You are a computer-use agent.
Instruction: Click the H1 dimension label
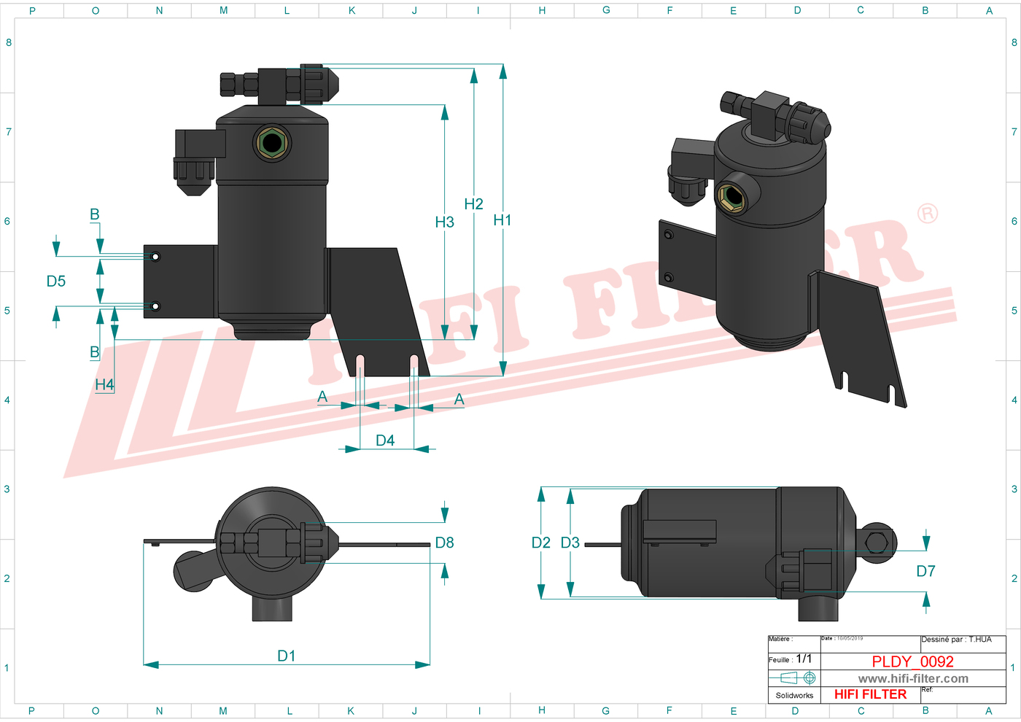tap(502, 220)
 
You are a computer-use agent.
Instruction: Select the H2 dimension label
tap(473, 204)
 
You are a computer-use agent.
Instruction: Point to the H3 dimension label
tap(444, 222)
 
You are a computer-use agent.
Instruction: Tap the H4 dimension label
tap(104, 384)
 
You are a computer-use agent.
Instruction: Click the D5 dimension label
tap(56, 282)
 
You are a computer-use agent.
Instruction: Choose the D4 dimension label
tap(385, 440)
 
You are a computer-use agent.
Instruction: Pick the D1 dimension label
tap(287, 656)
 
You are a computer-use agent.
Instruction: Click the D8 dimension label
tap(444, 543)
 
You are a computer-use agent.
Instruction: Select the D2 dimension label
tap(540, 543)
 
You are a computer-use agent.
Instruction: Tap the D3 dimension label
tap(570, 543)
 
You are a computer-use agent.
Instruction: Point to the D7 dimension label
tap(925, 571)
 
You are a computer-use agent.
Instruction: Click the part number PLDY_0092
tap(912, 661)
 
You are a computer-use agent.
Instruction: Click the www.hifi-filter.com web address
tap(913, 678)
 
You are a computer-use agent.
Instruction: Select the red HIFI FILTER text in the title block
tap(870, 694)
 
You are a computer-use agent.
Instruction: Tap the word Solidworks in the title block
tap(794, 695)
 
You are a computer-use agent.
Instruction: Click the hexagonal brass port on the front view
tap(272, 143)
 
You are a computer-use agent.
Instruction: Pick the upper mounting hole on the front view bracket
tap(155, 257)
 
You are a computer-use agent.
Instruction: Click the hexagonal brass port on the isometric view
tap(731, 196)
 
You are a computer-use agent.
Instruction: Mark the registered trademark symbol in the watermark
tap(927, 214)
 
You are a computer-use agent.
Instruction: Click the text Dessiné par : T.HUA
tap(956, 640)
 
